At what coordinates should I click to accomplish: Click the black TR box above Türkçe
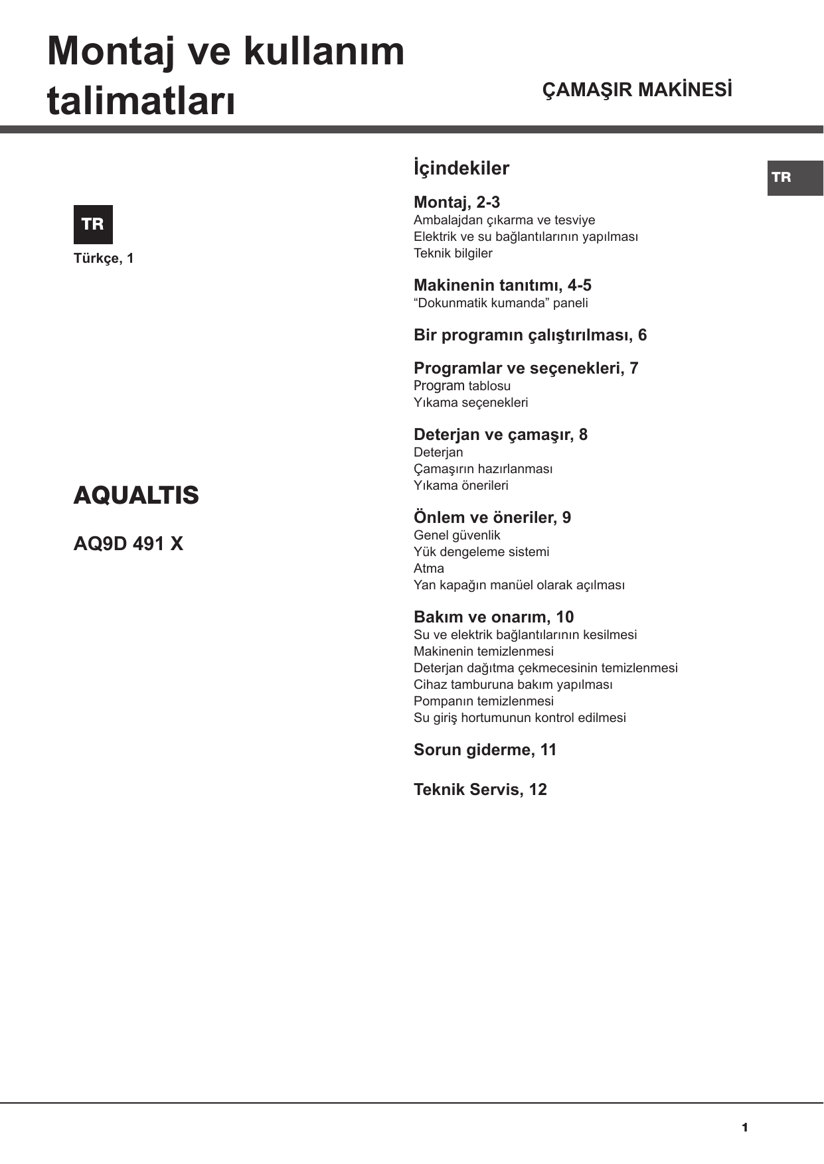pyautogui.click(x=93, y=224)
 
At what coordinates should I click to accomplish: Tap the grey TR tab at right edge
pyautogui.click(x=795, y=178)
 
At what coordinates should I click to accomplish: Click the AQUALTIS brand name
pyautogui.click(x=136, y=496)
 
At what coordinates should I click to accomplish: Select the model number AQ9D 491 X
pyautogui.click(x=128, y=544)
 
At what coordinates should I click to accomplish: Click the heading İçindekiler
pyautogui.click(x=461, y=168)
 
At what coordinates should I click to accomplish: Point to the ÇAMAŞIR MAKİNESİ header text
pyautogui.click(x=637, y=90)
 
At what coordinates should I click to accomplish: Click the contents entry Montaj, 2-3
pyautogui.click(x=457, y=202)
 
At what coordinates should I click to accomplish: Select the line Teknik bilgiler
pyautogui.click(x=453, y=253)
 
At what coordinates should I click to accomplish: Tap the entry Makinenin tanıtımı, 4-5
pyautogui.click(x=503, y=285)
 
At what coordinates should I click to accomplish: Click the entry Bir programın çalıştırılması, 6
pyautogui.click(x=530, y=335)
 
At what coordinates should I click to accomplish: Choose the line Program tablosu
pyautogui.click(x=462, y=386)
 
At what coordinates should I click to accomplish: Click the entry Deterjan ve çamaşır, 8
pyautogui.click(x=501, y=435)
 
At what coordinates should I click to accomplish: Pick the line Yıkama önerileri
pyautogui.click(x=461, y=485)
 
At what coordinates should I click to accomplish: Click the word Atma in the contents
pyautogui.click(x=429, y=568)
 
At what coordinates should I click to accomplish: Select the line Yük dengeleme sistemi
pyautogui.click(x=481, y=551)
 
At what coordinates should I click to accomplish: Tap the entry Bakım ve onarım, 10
pyautogui.click(x=493, y=617)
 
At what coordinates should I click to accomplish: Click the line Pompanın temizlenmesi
pyautogui.click(x=483, y=701)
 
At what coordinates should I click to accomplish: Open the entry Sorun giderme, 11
pyautogui.click(x=485, y=750)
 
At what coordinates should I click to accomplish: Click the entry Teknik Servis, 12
pyautogui.click(x=480, y=790)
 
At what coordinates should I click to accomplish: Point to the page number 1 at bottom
pyautogui.click(x=745, y=1128)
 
